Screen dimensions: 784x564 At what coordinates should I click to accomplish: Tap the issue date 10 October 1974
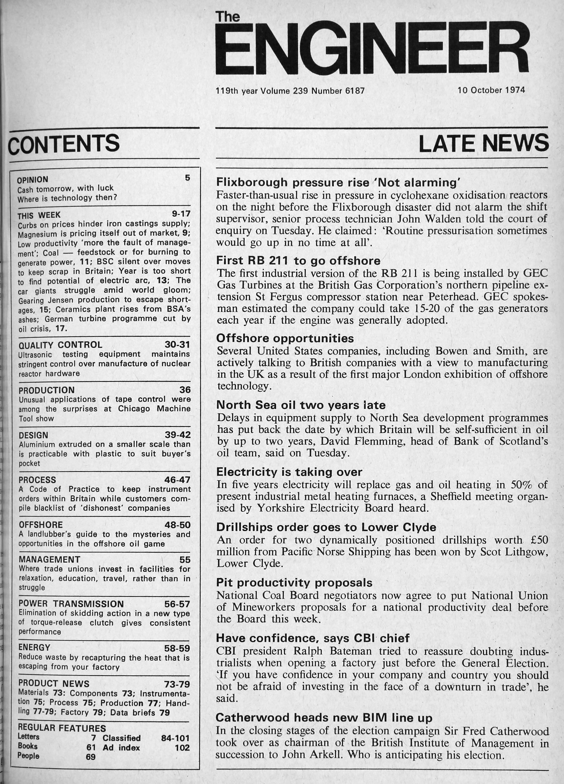click(x=491, y=91)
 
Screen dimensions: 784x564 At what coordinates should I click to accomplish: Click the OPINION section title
click(x=33, y=180)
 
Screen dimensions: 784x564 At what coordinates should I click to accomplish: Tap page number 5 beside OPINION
click(x=187, y=178)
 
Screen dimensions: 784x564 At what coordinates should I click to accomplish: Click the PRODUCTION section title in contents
click(x=47, y=390)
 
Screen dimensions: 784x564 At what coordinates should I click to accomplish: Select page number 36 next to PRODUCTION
click(x=185, y=389)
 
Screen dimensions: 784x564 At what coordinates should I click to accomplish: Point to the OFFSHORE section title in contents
click(x=41, y=525)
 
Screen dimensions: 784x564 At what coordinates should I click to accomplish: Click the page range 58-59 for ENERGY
click(x=177, y=648)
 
